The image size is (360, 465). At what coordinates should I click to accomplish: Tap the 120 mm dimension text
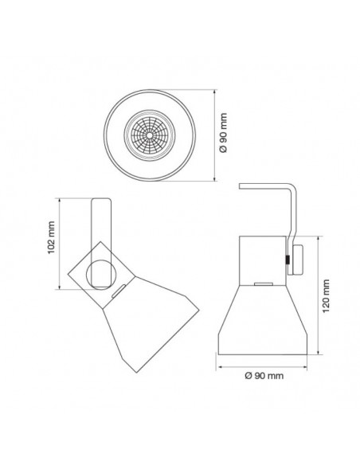[x=327, y=297]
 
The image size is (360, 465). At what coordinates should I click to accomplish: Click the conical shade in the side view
[x=264, y=318]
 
